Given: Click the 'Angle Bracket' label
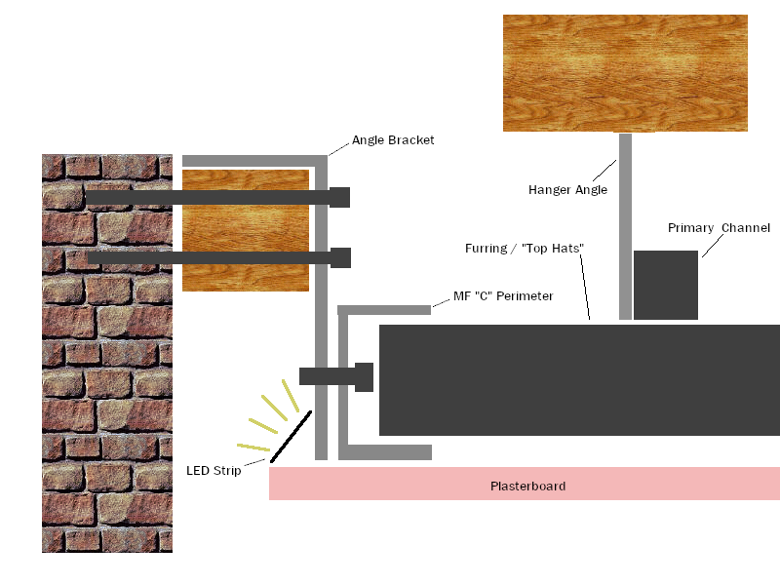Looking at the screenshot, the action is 393,140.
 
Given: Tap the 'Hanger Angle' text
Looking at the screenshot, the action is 567,190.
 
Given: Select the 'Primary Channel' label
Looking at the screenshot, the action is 719,228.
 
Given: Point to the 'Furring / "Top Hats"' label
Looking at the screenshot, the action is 525,249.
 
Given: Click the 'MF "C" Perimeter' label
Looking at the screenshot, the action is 503,296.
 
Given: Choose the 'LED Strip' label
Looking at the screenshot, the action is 214,471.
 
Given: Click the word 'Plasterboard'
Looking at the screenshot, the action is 527,486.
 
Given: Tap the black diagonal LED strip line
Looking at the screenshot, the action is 291,437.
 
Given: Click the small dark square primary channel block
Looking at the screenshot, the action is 666,285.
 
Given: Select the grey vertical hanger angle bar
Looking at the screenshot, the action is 625,226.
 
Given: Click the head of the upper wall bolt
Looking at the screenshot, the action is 339,198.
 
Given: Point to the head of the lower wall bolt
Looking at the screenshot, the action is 340,257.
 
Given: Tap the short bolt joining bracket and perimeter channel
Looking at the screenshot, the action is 336,377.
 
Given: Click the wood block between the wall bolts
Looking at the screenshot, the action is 246,230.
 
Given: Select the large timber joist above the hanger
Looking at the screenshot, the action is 625,73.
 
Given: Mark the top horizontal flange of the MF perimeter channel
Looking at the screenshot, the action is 384,310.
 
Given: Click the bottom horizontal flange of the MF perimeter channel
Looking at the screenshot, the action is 385,452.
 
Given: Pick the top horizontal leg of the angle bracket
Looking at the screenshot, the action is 254,161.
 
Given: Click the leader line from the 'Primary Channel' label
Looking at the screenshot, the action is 713,246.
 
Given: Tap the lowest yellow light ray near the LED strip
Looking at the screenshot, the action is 253,448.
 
